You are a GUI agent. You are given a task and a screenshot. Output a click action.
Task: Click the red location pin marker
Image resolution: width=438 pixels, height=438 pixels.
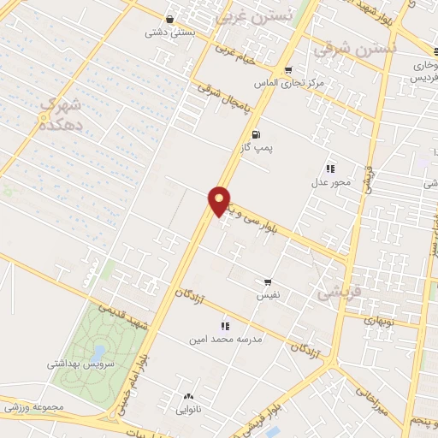(220, 200)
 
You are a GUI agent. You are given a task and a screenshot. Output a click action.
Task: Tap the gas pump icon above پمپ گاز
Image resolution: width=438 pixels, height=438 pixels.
(256, 134)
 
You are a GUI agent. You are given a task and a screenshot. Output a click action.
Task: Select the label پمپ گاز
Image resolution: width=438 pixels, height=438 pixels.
(256, 148)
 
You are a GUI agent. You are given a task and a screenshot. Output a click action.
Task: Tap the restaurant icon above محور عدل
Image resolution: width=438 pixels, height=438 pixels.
(330, 169)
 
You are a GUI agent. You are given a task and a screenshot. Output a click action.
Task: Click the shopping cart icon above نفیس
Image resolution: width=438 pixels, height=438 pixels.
(268, 282)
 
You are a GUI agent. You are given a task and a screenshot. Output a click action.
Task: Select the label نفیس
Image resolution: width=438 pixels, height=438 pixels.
(268, 296)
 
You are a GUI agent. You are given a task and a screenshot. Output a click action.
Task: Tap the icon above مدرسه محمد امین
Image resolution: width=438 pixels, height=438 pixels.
(225, 325)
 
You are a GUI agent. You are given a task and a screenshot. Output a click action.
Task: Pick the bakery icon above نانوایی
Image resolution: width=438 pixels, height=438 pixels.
(188, 396)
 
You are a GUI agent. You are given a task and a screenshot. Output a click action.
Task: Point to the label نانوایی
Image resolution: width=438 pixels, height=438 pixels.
(188, 410)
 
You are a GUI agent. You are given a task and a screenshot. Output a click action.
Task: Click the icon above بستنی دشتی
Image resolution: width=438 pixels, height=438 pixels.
(170, 19)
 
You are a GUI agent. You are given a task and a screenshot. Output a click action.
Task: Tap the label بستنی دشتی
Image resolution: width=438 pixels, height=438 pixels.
(169, 33)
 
